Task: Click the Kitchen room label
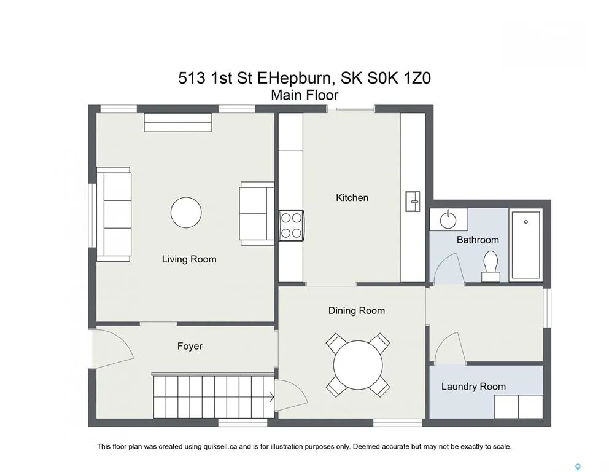point(352,197)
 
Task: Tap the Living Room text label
point(189,259)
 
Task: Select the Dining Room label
point(357,310)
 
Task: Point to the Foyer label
point(190,346)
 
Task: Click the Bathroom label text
point(478,240)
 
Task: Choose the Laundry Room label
point(473,387)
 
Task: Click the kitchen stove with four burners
point(291,226)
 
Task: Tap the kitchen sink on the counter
point(413,202)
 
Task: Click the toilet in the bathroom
point(491,266)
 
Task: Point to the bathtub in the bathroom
point(526,245)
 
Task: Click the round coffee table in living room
point(186,212)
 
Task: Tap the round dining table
point(358,365)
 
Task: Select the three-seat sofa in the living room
point(114,214)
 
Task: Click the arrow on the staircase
point(272,398)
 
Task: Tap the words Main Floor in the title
point(304,95)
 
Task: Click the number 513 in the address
point(192,78)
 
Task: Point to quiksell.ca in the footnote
point(220,447)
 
